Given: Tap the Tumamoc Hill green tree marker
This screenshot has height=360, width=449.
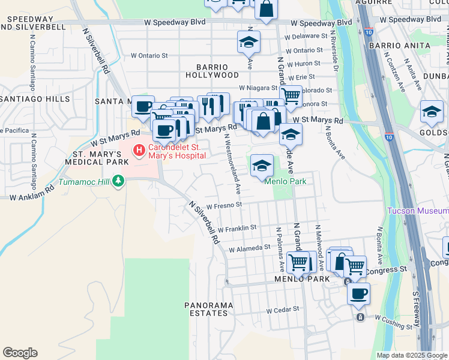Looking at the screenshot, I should pyautogui.click(x=118, y=181).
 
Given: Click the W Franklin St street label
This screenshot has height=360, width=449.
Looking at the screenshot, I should pyautogui.click(x=238, y=228).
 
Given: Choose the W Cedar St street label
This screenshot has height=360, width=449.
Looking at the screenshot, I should pyautogui.click(x=283, y=310).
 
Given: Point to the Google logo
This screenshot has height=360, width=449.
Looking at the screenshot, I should pyautogui.click(x=20, y=353).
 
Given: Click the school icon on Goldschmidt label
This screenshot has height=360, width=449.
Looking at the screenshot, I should pyautogui.click(x=432, y=112).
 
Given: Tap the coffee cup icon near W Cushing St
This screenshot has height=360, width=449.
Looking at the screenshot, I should pyautogui.click(x=359, y=293).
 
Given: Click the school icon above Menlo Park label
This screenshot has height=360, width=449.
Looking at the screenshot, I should pyautogui.click(x=262, y=166).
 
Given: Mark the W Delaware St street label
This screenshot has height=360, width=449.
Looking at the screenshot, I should pyautogui.click(x=309, y=36).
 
